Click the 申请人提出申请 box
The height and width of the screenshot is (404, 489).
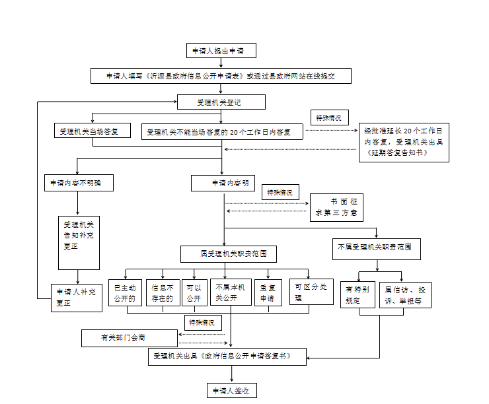pyautogui.click(x=221, y=51)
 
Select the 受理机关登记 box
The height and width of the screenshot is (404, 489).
pyautogui.click(x=221, y=102)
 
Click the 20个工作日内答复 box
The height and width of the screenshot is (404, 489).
pyautogui.click(x=223, y=132)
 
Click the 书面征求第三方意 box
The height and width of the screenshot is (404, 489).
pyautogui.click(x=336, y=207)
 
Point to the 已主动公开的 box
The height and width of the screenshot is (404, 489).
pyautogui.click(x=125, y=292)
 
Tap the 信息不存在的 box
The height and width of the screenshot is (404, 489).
pyautogui.click(x=163, y=292)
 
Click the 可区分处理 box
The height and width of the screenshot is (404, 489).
pyautogui.click(x=311, y=291)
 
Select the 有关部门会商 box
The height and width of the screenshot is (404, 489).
pyautogui.click(x=130, y=338)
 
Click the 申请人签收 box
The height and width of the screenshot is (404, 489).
pyautogui.click(x=231, y=391)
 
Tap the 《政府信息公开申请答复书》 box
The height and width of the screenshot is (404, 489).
pyautogui.click(x=229, y=356)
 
